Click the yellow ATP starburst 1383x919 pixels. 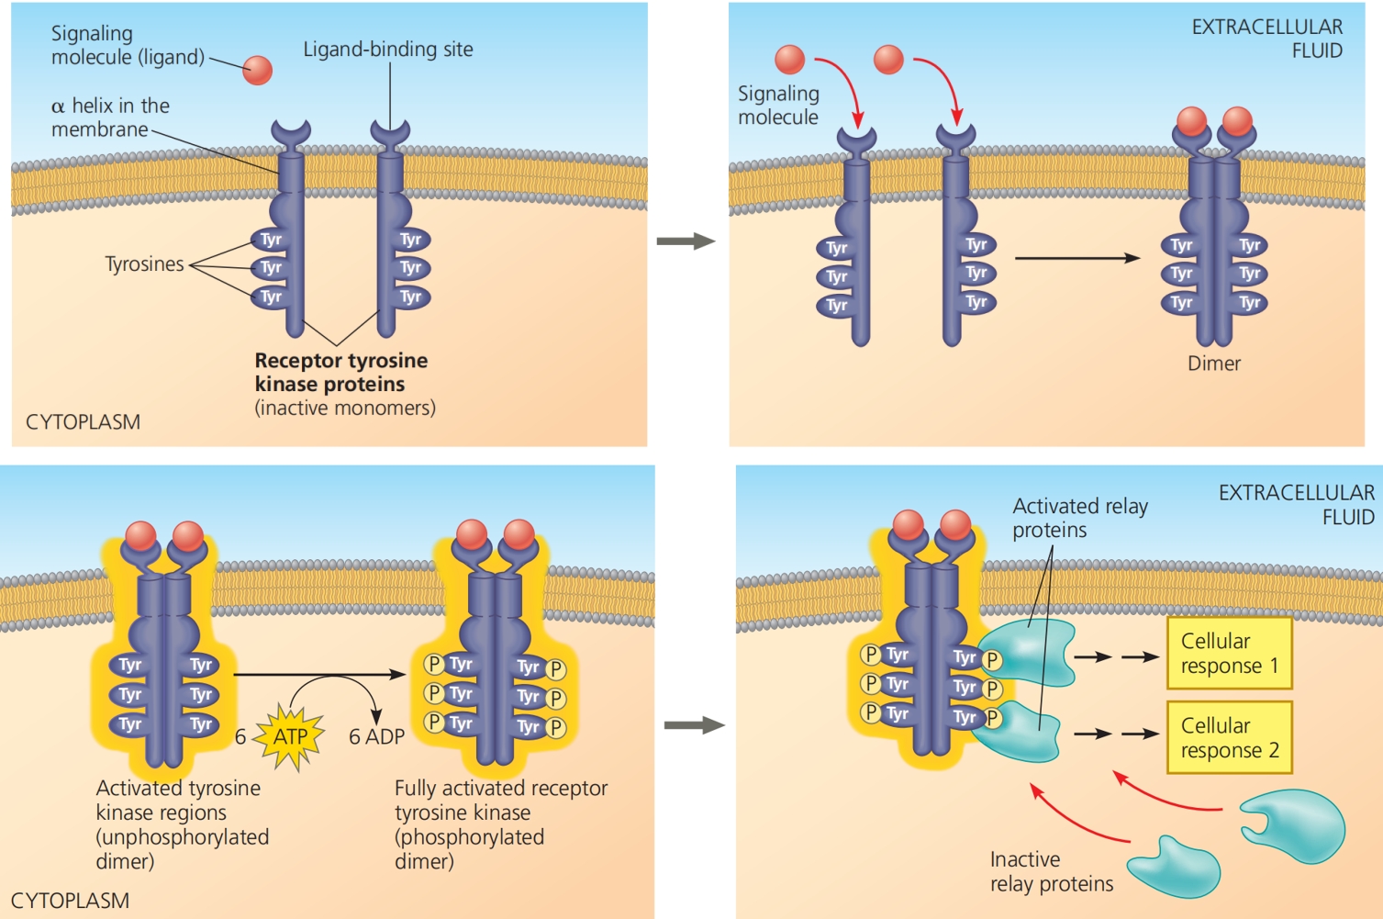click(291, 736)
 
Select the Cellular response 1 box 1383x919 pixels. click(1229, 653)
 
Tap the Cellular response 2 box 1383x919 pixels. click(1229, 737)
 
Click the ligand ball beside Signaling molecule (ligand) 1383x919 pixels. click(258, 70)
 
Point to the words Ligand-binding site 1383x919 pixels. click(388, 50)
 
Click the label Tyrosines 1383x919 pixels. click(144, 264)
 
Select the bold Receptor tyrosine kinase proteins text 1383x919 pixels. click(340, 372)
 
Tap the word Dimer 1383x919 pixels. click(1213, 364)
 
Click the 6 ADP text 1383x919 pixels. click(376, 736)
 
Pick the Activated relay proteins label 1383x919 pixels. click(1079, 518)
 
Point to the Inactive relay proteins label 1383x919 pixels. click(1051, 871)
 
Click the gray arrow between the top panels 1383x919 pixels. click(686, 241)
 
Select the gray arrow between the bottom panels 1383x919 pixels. click(694, 725)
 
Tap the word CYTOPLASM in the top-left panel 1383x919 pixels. click(83, 422)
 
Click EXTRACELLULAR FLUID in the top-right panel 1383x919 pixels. click(1266, 39)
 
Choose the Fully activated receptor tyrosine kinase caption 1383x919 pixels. click(500, 824)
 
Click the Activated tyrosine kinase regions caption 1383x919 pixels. click(182, 824)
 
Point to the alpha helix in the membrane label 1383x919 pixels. click(110, 118)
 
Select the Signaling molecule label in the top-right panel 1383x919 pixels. click(778, 106)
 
